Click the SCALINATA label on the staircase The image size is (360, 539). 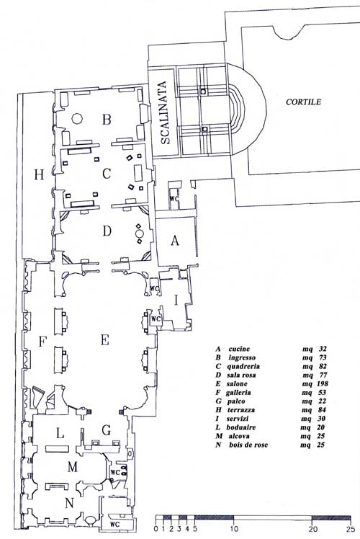(165, 112)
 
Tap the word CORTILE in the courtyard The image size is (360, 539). (303, 102)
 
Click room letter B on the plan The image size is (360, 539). (107, 120)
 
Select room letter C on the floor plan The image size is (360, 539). (107, 174)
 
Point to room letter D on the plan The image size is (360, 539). (107, 231)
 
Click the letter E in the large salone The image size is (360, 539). (105, 340)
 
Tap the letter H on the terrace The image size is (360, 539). (39, 175)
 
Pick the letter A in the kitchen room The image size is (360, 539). (175, 240)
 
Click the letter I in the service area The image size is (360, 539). (176, 300)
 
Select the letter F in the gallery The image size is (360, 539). (42, 342)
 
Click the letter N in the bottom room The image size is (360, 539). (69, 503)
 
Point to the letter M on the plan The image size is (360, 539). (73, 467)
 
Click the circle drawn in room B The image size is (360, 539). (76, 119)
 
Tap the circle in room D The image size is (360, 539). (140, 233)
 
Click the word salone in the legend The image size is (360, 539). (237, 383)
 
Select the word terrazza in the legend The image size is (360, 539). (240, 410)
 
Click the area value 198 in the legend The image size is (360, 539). (322, 383)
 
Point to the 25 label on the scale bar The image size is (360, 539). (351, 528)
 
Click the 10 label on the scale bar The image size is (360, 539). (233, 528)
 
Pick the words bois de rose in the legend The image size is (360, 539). (248, 445)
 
